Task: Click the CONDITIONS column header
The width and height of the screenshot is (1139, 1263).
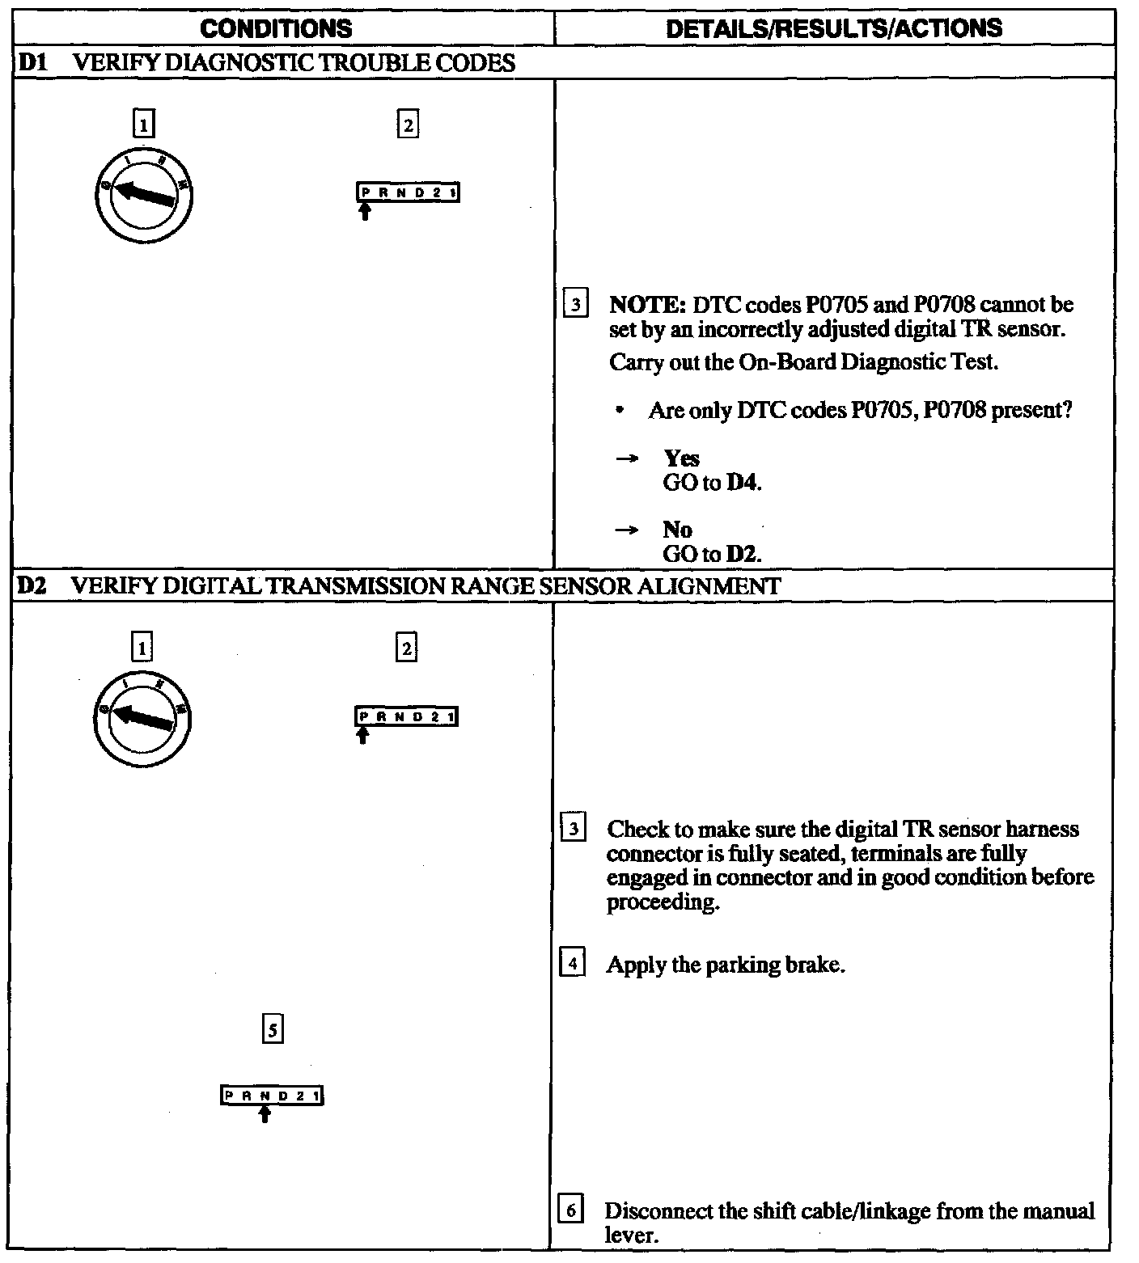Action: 276,29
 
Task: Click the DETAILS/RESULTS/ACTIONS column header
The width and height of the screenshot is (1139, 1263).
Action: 834,29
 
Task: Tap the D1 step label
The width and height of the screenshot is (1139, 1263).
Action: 30,63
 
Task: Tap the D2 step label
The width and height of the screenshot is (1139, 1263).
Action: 30,586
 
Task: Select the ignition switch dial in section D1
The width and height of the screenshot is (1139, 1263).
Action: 143,195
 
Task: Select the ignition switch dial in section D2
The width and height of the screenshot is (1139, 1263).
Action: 143,718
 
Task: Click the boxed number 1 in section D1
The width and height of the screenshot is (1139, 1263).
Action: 143,125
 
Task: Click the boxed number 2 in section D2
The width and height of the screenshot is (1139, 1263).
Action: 406,648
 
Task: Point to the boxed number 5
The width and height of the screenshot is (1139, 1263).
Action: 273,1030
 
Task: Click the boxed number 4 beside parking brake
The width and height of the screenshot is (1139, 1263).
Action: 572,964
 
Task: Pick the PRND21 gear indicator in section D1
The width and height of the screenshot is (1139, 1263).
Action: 408,192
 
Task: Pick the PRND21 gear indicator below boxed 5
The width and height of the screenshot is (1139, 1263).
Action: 272,1096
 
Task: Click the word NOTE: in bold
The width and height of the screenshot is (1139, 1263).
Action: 647,305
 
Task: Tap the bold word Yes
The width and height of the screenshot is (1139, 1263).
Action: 681,458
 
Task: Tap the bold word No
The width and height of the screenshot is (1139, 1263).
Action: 677,530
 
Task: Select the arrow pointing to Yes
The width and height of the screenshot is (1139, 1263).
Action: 626,458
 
